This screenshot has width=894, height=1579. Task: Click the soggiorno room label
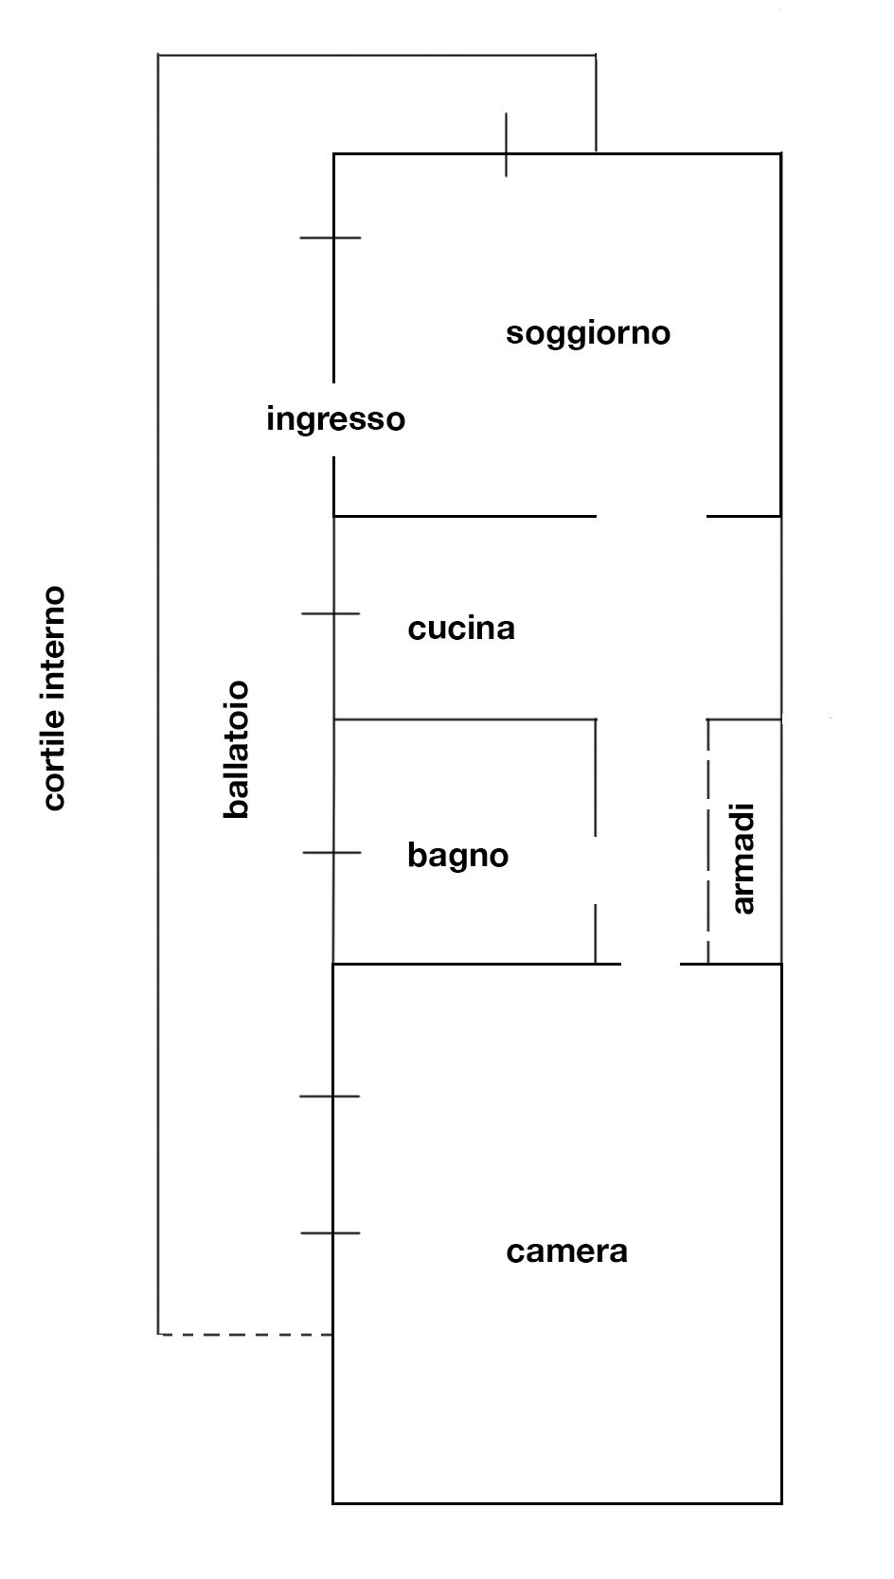[x=588, y=333]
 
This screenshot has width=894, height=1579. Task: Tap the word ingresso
[x=335, y=418]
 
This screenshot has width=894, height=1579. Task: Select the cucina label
[x=461, y=629]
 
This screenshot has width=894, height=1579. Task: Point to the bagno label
[x=458, y=856]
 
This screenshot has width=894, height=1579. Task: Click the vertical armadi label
[x=744, y=859]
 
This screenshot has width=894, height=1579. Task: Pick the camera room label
[x=566, y=1251]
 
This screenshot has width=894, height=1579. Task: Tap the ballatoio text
[x=236, y=748]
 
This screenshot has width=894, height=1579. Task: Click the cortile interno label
[x=54, y=699]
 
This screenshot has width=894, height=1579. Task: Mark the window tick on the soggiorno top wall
[x=506, y=145]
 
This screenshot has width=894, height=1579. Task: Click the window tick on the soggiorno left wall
[x=331, y=238]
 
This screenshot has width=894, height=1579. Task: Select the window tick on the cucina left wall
[x=331, y=613]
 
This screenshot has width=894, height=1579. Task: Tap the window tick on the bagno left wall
[x=332, y=853]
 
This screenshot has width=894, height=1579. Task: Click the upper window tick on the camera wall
[x=330, y=1096]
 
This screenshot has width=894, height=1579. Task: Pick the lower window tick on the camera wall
[x=331, y=1233]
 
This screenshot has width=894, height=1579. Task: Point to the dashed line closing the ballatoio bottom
[x=245, y=1334]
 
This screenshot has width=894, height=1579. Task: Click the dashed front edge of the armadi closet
[x=707, y=843]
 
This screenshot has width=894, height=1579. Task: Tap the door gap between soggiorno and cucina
[x=652, y=517]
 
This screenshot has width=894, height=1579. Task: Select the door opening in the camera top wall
[x=651, y=965]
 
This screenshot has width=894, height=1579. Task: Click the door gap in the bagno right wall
[x=595, y=870]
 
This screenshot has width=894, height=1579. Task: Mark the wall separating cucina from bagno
[x=464, y=719]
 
